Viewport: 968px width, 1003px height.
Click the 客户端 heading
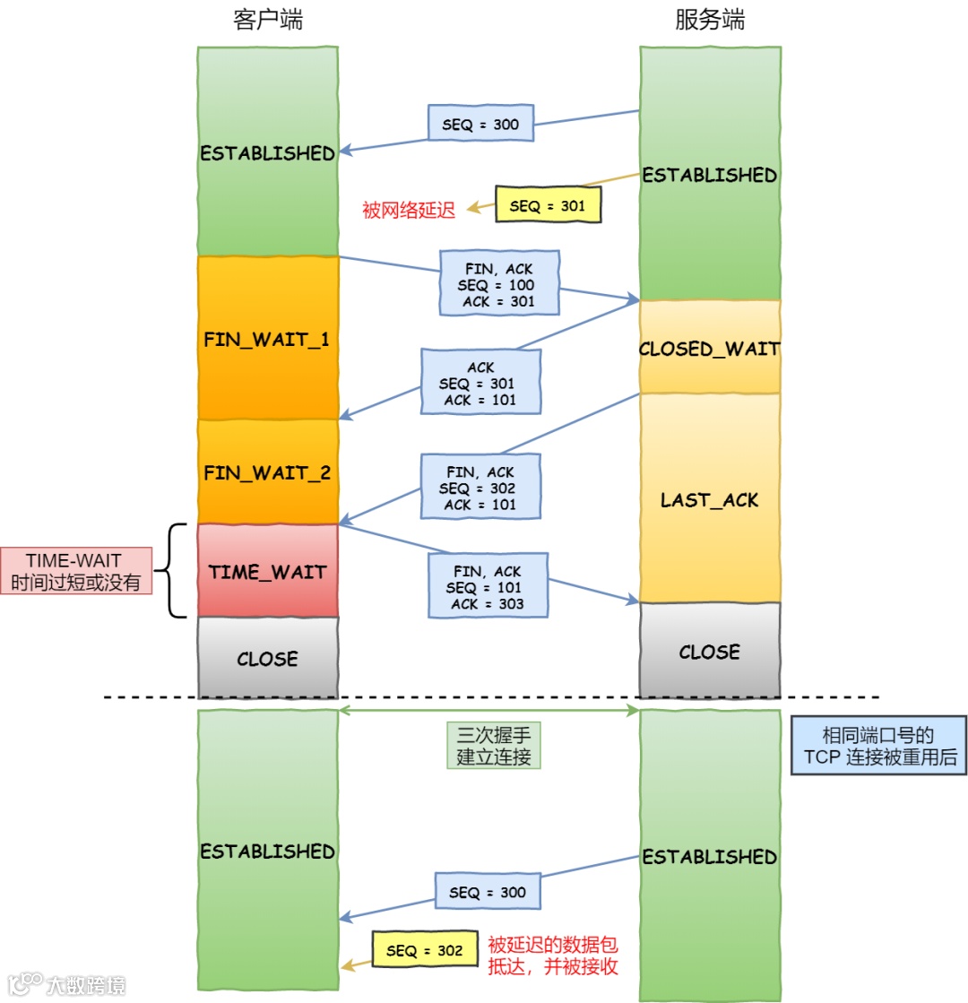pyautogui.click(x=267, y=20)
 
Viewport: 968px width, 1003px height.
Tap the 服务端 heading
pyautogui.click(x=709, y=20)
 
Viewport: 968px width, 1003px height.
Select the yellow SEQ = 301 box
pyautogui.click(x=547, y=205)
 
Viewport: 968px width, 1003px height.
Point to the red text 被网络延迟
pyautogui.click(x=409, y=210)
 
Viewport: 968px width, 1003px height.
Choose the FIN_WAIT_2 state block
pyautogui.click(x=267, y=472)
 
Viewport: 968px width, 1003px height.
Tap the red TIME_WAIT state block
pyautogui.click(x=267, y=571)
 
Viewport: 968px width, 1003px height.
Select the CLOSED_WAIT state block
pyautogui.click(x=709, y=348)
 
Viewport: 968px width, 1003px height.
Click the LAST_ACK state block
pyautogui.click(x=709, y=499)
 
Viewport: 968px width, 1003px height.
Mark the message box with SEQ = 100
pyautogui.click(x=499, y=284)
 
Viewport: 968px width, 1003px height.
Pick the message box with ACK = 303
pyautogui.click(x=488, y=587)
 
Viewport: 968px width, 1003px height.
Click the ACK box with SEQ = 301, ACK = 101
pyautogui.click(x=480, y=383)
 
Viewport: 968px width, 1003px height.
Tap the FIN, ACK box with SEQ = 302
pyautogui.click(x=480, y=488)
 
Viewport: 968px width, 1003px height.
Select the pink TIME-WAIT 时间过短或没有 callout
pyautogui.click(x=75, y=571)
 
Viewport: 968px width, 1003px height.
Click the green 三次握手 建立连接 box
pyautogui.click(x=494, y=746)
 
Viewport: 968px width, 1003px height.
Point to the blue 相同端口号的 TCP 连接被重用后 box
pyautogui.click(x=878, y=746)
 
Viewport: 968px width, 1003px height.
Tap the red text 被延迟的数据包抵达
pyautogui.click(x=552, y=955)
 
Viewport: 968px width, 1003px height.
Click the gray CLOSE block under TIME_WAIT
pyautogui.click(x=267, y=659)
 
